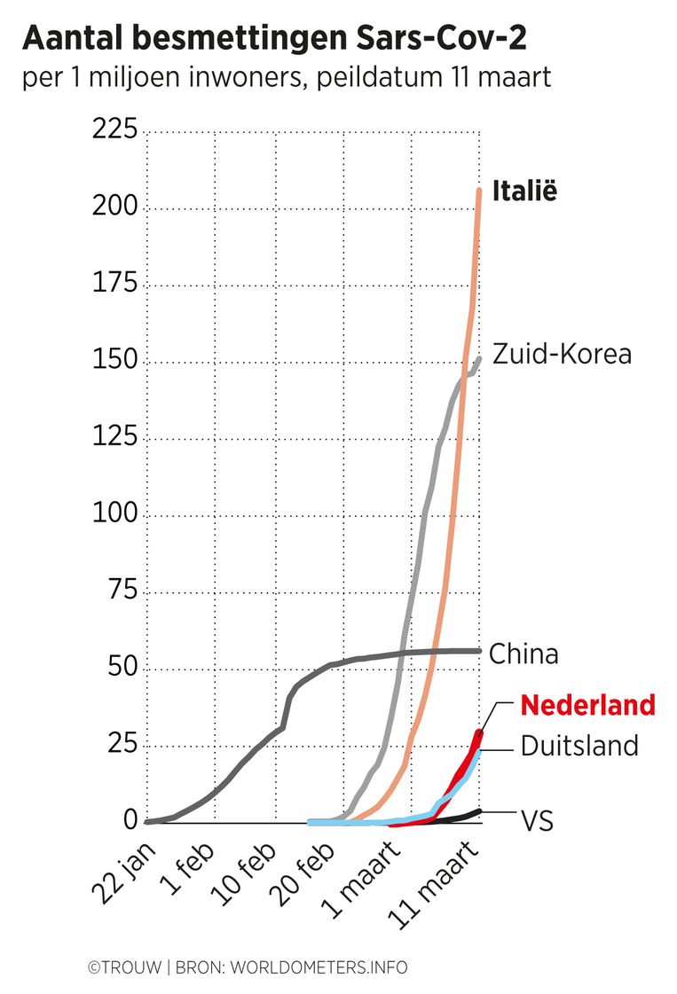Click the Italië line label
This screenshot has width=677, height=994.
tap(524, 192)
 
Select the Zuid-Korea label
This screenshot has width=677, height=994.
tap(563, 354)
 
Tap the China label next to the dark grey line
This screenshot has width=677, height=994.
tap(524, 654)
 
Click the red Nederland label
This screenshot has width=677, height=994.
tap(587, 706)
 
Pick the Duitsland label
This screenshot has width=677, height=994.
tap(579, 745)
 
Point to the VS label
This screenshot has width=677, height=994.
tap(537, 821)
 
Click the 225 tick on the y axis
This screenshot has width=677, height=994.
tap(114, 130)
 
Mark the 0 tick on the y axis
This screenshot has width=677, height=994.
tap(130, 820)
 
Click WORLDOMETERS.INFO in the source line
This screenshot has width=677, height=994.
tap(319, 967)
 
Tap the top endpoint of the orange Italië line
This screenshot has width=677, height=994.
tap(479, 190)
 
